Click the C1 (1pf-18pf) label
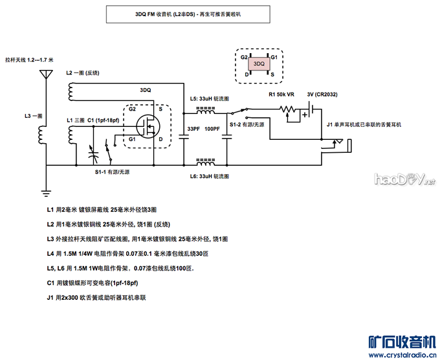(x=103, y=121)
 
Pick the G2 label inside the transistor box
(x=132, y=109)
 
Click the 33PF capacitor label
(x=193, y=129)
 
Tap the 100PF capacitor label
(x=213, y=129)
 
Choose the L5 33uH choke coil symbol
(x=205, y=108)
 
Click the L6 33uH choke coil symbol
(x=205, y=159)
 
